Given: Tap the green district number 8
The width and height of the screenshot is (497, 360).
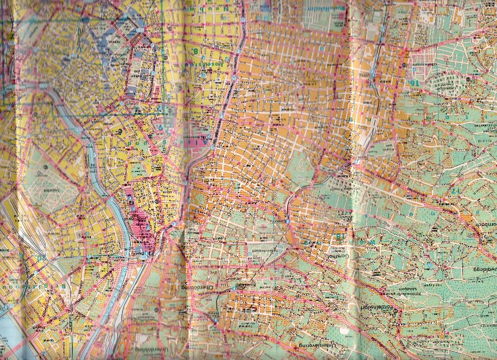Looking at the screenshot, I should coord(197,52).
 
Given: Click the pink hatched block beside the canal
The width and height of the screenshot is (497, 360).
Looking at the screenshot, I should coord(142,221).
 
